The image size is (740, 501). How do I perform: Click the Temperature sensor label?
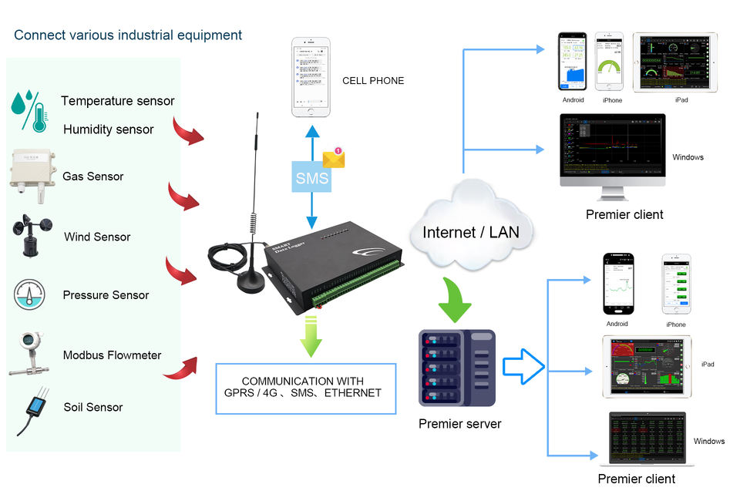click(x=117, y=101)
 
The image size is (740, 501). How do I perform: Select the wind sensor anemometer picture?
click(x=32, y=236)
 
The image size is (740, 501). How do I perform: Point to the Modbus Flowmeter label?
click(x=112, y=355)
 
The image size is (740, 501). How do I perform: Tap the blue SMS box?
click(x=312, y=179)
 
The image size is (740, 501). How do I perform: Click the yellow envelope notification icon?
click(x=334, y=158)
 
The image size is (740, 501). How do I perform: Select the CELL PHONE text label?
click(x=373, y=81)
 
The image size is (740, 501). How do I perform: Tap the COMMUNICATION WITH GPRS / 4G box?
click(x=305, y=388)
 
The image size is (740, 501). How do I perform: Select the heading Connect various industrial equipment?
click(x=128, y=35)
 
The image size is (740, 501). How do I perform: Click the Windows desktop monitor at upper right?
click(x=613, y=154)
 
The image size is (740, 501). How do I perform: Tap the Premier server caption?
click(x=459, y=424)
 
